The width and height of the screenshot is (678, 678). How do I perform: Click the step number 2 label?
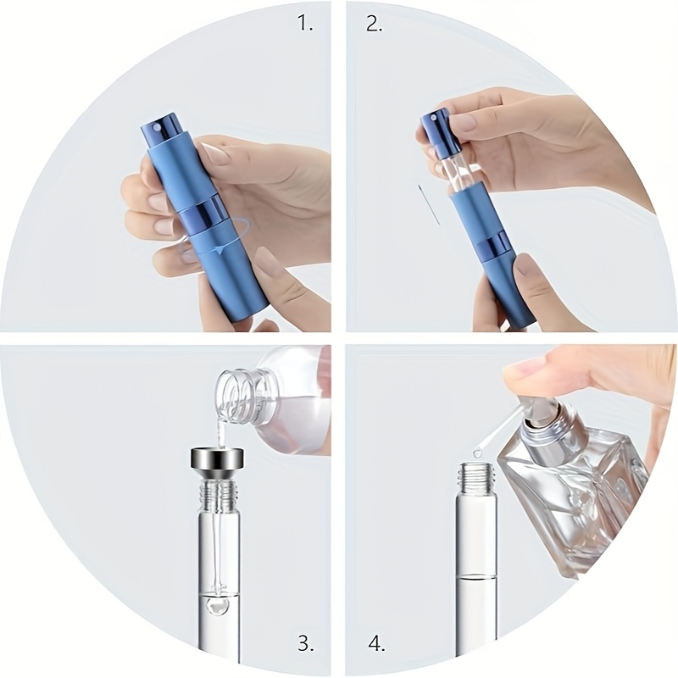[x=375, y=23]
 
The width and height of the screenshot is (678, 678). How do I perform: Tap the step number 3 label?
[x=305, y=642]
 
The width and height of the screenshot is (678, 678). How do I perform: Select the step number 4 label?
[x=375, y=642]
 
